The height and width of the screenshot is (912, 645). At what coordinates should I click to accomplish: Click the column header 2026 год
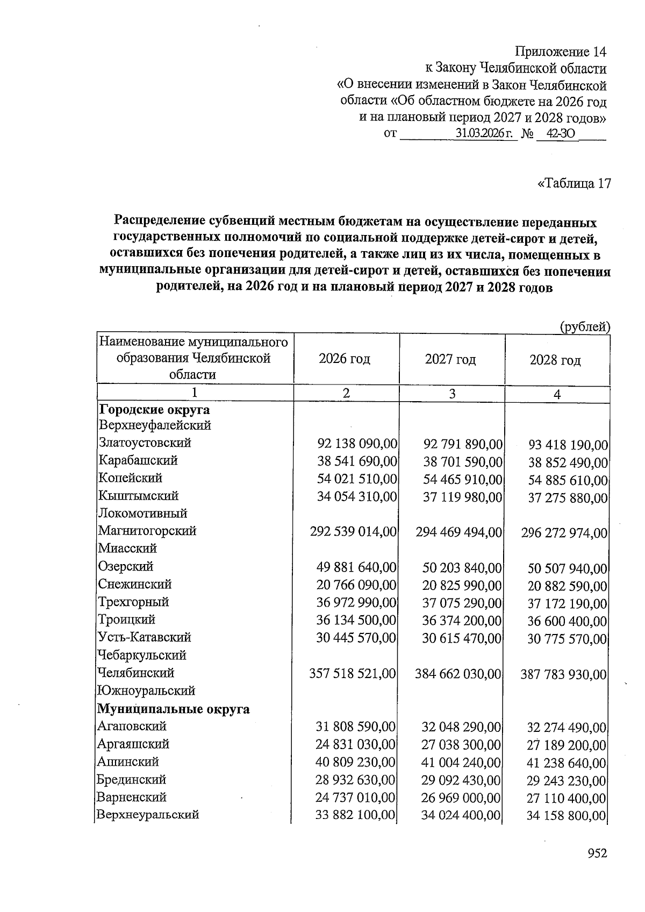[345, 359]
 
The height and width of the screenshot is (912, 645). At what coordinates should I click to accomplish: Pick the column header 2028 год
[555, 360]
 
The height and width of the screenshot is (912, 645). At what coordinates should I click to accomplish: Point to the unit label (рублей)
[585, 326]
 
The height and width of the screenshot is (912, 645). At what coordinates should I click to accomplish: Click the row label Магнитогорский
[147, 531]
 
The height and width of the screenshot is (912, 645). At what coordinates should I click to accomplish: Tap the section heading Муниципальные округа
[173, 709]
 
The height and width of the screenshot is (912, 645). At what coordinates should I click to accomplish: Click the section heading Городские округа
[154, 410]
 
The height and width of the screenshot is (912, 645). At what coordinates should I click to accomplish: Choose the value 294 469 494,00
[459, 532]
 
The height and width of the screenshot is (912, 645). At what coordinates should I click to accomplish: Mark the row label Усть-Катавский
[145, 637]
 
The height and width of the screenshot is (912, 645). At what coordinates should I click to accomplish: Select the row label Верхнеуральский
[148, 814]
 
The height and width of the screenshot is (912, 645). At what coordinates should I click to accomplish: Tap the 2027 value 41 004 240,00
[461, 763]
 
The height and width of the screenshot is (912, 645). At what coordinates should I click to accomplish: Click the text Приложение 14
[560, 52]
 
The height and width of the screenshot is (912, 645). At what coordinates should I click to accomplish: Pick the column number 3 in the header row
[452, 394]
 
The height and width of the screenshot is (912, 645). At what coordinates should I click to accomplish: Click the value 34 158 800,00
[567, 816]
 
